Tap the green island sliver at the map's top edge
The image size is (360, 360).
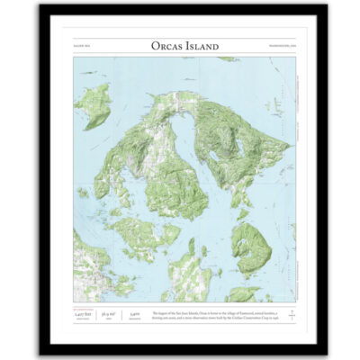[x=227, y=59]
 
